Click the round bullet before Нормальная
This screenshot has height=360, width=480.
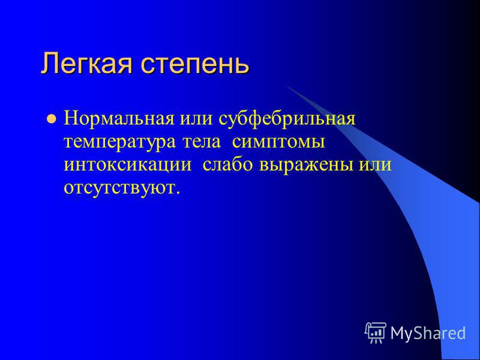pyautogui.click(x=52, y=118)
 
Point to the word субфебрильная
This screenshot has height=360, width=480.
pyautogui.click(x=287, y=119)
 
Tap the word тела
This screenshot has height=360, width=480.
pyautogui.click(x=202, y=142)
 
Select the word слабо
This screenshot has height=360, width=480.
pyautogui.click(x=227, y=164)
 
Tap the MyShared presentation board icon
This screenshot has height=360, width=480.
pyautogui.click(x=376, y=332)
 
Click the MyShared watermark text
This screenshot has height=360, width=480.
pyautogui.click(x=428, y=333)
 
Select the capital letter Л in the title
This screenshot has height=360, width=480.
pyautogui.click(x=50, y=64)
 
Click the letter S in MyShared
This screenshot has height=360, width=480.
pyautogui.click(x=421, y=332)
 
